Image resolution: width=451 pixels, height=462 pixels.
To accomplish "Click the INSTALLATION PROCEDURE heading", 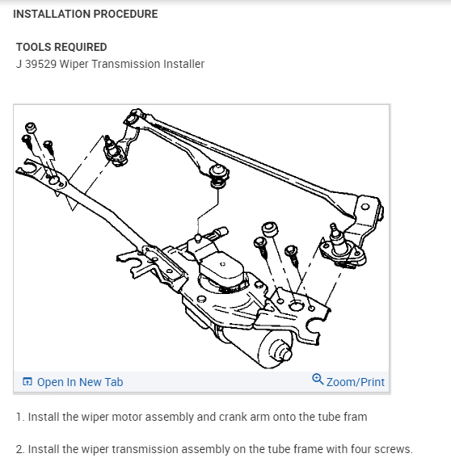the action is pos(86,14).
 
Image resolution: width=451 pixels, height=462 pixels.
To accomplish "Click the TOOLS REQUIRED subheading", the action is pos(61,47).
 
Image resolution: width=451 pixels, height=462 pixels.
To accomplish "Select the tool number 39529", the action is pos(40,64).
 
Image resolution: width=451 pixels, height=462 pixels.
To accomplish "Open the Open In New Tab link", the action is pos(80,382).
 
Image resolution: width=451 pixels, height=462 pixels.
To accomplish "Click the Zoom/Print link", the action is pos(356,382).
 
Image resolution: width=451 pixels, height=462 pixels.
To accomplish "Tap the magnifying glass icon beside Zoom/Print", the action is pos(318,379).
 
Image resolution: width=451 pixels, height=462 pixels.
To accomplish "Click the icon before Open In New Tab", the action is pos(27,381).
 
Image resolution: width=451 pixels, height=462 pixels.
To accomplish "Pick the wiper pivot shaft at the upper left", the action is pos(111,146).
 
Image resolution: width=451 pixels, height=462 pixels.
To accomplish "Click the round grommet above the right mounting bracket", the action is pos(270,229).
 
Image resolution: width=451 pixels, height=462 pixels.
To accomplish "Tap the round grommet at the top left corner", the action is pos(31,128).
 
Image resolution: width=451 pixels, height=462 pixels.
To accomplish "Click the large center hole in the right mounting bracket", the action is pos(296,305).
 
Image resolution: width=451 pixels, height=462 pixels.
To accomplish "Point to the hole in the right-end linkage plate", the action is pos(365,207).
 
